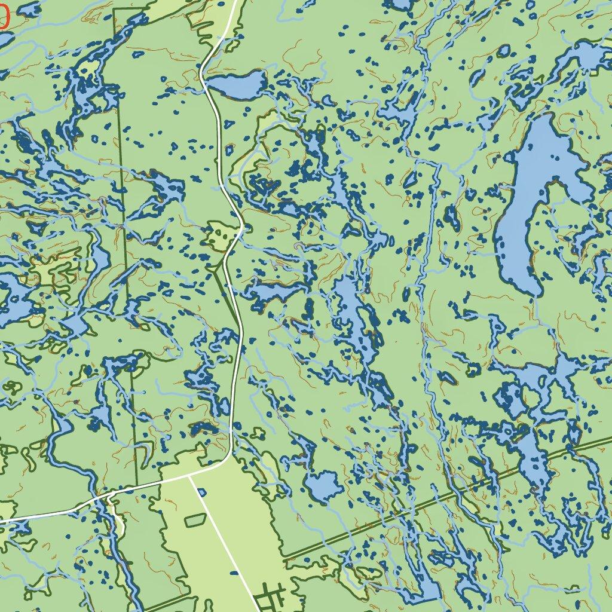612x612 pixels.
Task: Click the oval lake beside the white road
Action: [x=237, y=85]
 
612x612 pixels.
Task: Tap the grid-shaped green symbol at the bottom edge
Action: [x=268, y=598]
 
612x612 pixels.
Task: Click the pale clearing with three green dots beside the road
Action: [x=219, y=234]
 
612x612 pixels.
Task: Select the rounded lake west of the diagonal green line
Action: [x=323, y=486]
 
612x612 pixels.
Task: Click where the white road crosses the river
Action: [x=108, y=495]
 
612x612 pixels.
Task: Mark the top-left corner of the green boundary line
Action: [x=114, y=10]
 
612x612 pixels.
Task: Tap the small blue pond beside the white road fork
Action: [x=201, y=492]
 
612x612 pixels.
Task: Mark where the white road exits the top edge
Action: [x=234, y=2]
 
